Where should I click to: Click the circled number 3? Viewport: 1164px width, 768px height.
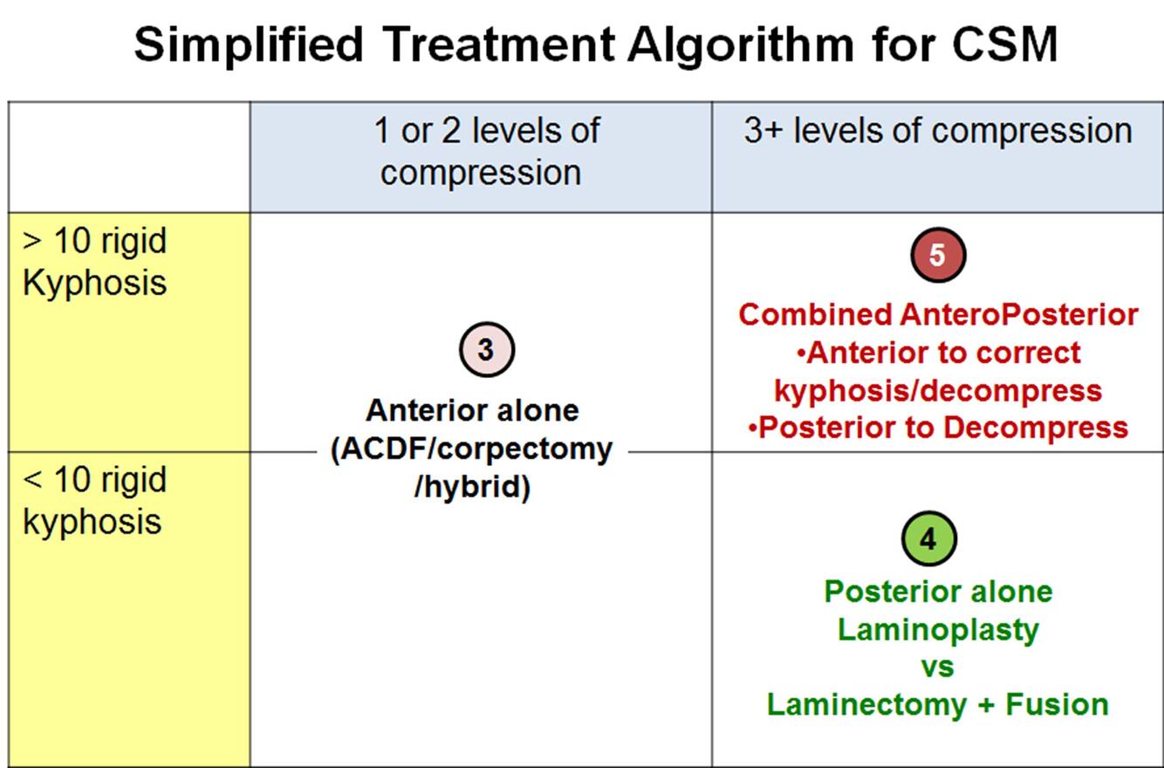pos(486,350)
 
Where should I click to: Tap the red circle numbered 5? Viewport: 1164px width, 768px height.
pos(937,255)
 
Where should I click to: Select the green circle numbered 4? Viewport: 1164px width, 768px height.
pos(928,539)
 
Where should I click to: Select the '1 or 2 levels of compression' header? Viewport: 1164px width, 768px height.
pos(481,151)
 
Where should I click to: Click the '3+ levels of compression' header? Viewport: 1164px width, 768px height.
pos(937,131)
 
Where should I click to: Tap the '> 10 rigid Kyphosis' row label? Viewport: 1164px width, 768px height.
pos(94,262)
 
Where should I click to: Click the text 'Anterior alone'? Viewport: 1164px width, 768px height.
pos(472,410)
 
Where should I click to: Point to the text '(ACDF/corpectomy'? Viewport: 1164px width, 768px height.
pos(472,449)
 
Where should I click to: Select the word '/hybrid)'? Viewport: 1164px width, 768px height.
pos(472,487)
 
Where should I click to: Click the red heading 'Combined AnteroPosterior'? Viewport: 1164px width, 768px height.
pos(938,314)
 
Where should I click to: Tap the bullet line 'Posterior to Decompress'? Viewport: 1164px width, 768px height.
pos(938,428)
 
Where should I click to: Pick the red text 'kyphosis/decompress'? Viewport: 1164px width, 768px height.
pos(938,390)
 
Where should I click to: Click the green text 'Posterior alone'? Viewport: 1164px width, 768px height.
pos(938,592)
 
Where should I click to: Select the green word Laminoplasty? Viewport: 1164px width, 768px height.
pos(938,629)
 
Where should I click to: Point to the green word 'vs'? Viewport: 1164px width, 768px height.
pos(938,668)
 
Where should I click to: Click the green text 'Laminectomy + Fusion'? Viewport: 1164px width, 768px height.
pos(938,704)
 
